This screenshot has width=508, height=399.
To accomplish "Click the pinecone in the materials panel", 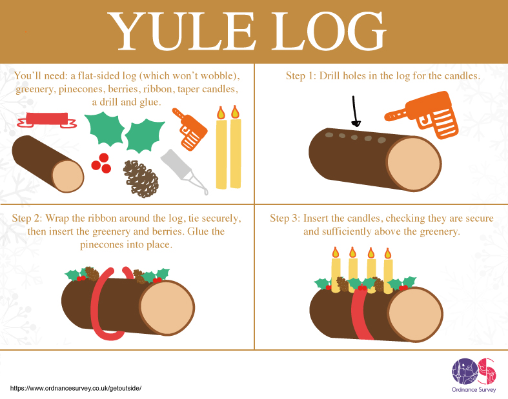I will (x=141, y=177).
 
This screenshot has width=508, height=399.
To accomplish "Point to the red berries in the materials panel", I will (x=100, y=162).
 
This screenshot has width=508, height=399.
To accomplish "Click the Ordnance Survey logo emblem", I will (x=474, y=371).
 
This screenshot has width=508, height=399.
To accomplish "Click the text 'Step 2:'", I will (x=27, y=219).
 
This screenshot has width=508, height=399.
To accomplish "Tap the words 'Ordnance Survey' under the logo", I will (x=474, y=390).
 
